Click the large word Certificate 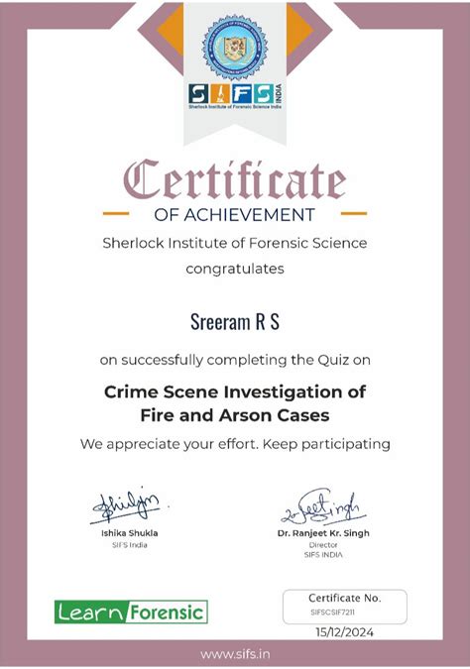235,181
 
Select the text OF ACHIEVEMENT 235,214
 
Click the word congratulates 235,268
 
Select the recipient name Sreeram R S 235,322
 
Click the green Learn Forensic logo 131,612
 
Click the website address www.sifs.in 235,655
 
